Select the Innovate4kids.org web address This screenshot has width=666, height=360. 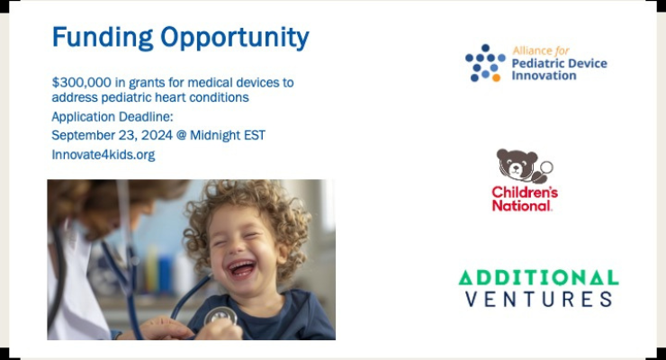pos(103,155)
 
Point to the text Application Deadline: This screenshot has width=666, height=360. pos(112,117)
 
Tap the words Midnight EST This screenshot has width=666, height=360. pos(238,135)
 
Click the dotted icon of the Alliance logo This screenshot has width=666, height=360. pos(484,63)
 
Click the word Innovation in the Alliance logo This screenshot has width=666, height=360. pos(544,76)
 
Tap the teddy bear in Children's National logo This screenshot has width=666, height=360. pos(517,166)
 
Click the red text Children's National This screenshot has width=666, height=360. pos(524,199)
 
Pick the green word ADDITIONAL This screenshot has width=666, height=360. pos(538,277)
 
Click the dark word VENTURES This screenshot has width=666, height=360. pos(538,299)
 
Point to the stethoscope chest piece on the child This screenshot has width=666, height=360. pos(220,318)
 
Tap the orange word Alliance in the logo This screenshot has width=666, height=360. pos(530,51)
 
